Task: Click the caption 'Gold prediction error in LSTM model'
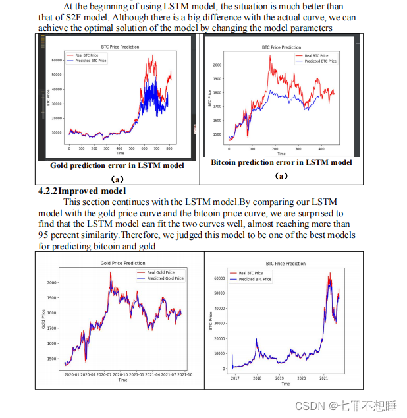(117, 165)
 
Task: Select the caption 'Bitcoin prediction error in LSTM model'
(281, 162)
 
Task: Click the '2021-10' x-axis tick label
(180, 375)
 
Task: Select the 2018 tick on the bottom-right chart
(258, 378)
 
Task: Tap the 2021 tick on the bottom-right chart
(323, 378)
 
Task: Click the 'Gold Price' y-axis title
(43, 320)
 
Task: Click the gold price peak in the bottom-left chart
(110, 272)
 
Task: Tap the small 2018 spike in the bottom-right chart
(256, 340)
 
